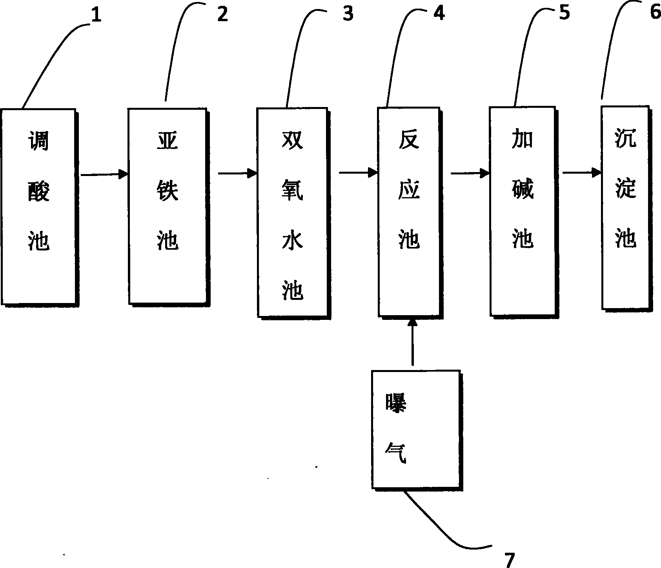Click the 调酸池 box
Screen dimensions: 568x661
point(38,207)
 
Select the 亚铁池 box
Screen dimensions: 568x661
point(167,206)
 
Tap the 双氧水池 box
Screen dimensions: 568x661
point(292,212)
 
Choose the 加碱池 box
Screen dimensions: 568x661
point(523,211)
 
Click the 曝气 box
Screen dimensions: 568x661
point(415,429)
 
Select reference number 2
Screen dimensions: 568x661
point(222,15)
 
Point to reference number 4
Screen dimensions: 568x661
point(439,14)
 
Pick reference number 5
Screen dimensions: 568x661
point(564,13)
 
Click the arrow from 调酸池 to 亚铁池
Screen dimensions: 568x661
point(104,174)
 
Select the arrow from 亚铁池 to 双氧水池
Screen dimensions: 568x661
point(237,173)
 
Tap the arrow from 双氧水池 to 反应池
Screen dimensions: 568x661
point(358,172)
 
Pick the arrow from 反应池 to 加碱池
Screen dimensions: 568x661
point(470,173)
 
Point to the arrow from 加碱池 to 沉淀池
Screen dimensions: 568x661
point(582,172)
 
